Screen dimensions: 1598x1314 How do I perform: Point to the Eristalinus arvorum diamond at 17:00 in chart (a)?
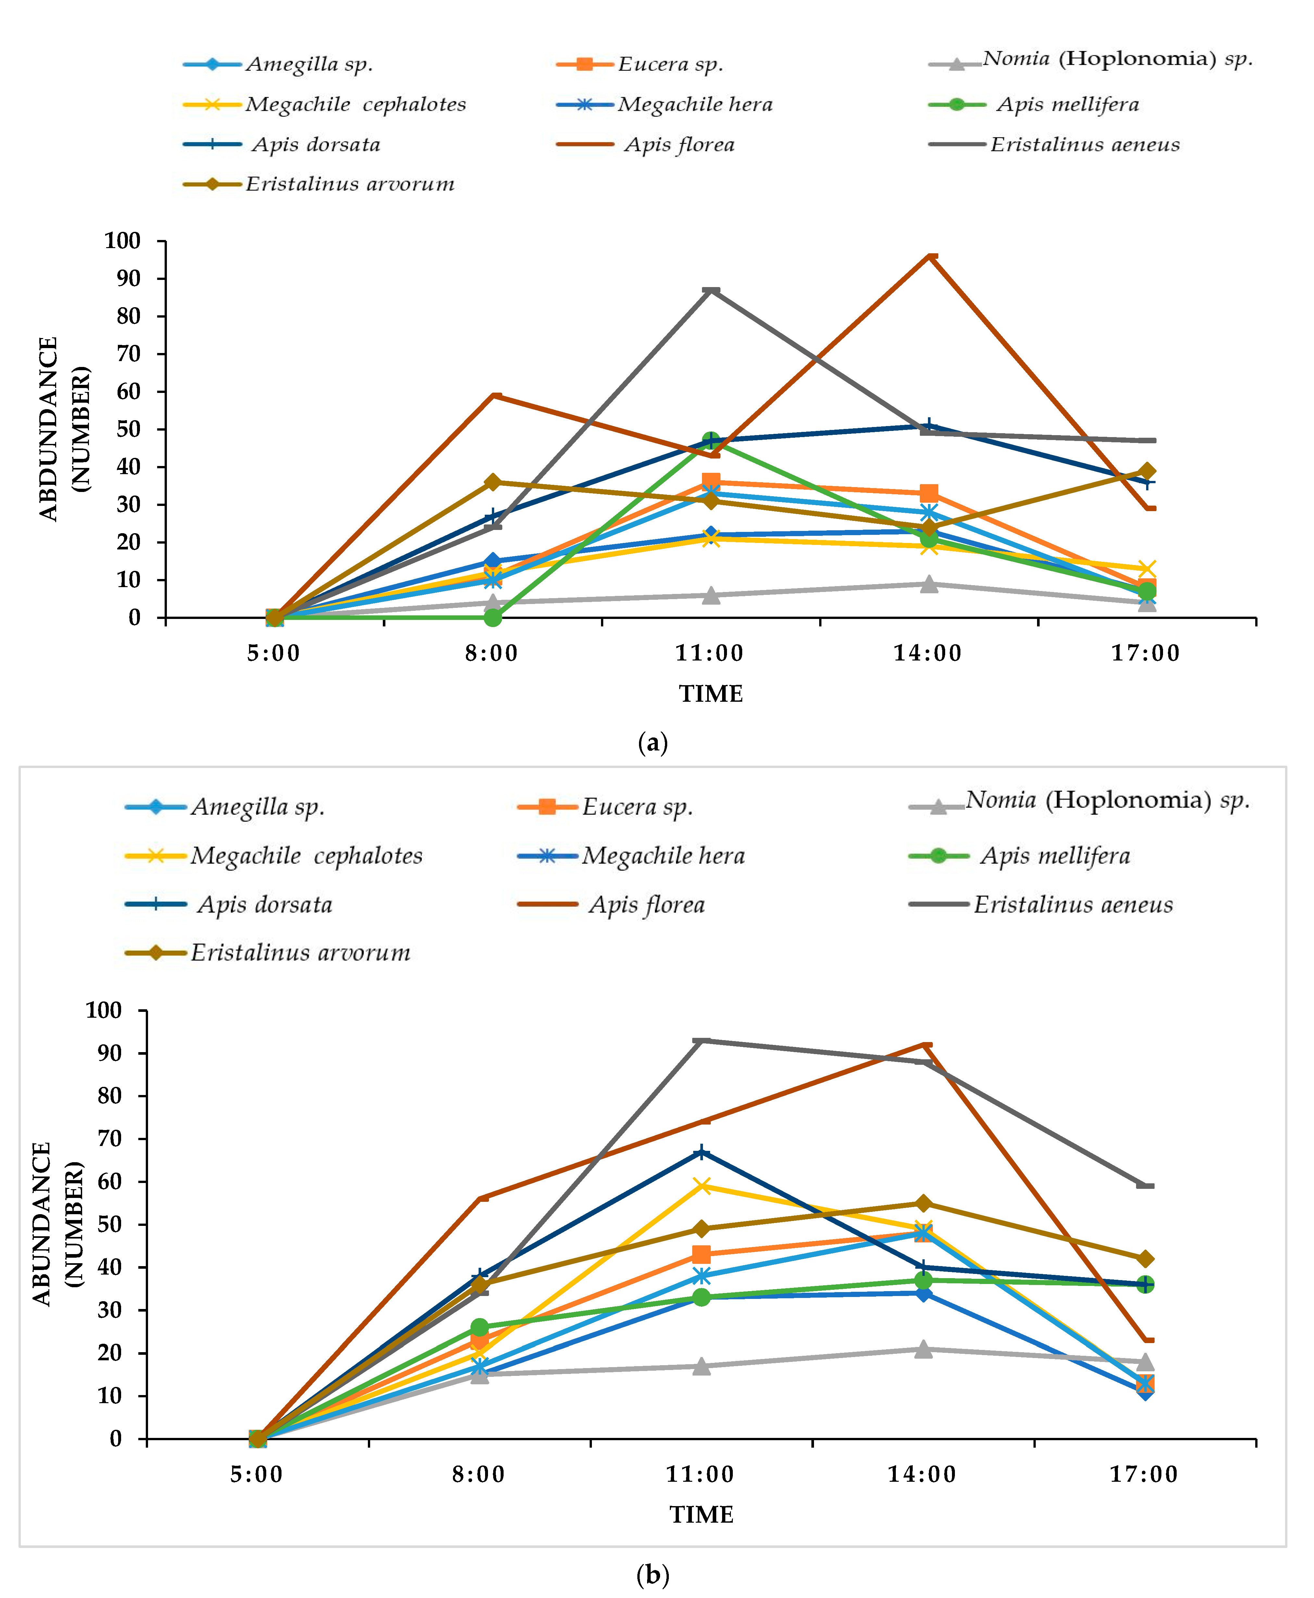click(x=1147, y=471)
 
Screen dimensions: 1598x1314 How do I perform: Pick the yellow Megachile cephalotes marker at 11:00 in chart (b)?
click(x=702, y=1186)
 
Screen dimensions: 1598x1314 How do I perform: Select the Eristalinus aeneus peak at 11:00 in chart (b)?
click(x=702, y=1041)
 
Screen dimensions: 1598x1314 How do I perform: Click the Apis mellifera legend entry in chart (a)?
click(x=1067, y=105)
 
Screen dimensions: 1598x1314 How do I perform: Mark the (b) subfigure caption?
click(x=653, y=1575)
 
